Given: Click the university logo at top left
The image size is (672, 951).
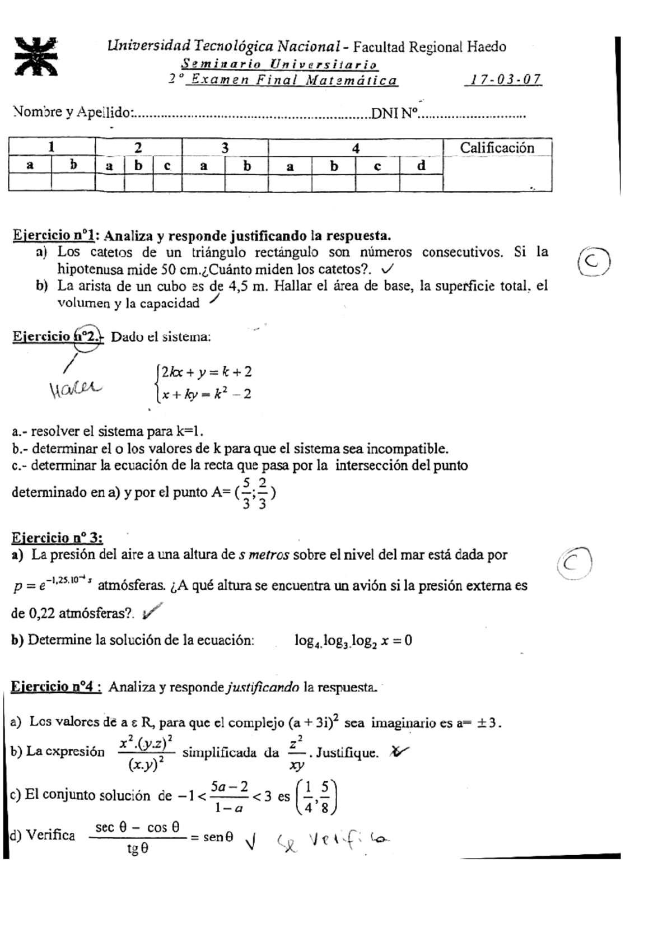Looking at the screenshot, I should coord(36,56).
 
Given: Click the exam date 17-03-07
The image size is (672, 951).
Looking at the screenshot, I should coord(503,80).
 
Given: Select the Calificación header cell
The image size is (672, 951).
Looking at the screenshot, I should coord(497,148).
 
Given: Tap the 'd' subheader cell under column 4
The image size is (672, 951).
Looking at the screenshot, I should coord(421,166).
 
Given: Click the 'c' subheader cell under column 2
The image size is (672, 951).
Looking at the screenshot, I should coord(167,166).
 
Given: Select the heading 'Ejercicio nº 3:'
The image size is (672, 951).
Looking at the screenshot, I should coord(57,538).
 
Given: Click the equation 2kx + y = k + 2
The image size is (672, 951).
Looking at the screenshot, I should coord(205,372).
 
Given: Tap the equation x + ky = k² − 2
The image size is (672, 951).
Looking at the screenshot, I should coord(205,394).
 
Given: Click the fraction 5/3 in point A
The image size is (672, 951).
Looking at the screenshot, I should coord(246,493).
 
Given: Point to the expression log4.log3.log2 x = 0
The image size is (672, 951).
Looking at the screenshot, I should coord(353,641).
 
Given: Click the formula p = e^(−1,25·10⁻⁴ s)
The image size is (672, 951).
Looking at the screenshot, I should coord(52,585).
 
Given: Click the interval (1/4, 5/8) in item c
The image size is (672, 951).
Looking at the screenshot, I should coord(317,796).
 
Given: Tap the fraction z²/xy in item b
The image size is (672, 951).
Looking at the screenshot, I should coord(297,753).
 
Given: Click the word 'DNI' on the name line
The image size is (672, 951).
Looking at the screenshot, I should coord(385,114).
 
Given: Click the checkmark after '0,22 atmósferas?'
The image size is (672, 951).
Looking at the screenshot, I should coord(152,612).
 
